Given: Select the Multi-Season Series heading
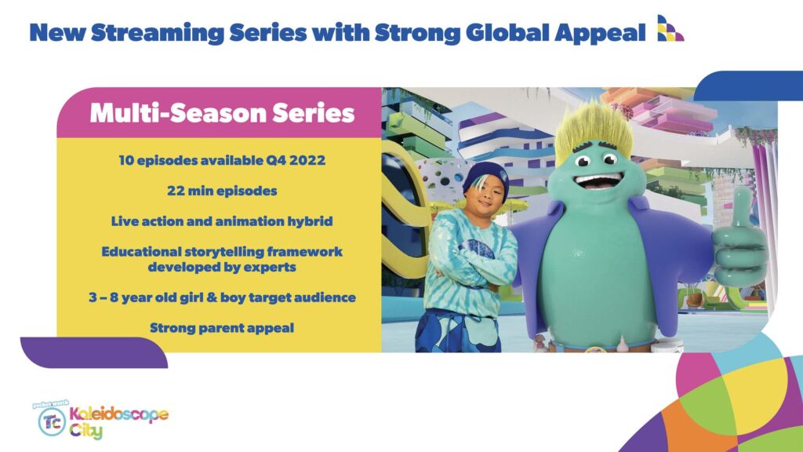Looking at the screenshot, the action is tap(222, 113).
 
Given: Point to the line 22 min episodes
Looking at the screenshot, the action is tap(222, 191).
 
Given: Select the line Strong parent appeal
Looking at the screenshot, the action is tap(222, 328).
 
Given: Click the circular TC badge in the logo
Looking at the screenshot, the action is tap(53, 421).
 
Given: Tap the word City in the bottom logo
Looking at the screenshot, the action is tap(86, 431).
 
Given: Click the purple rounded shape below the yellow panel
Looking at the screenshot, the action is tap(94, 352).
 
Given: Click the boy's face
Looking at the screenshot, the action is tap(483, 196).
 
